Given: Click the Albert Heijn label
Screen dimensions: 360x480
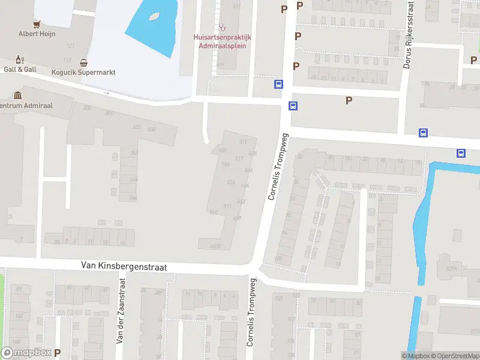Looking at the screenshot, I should tap(37, 34).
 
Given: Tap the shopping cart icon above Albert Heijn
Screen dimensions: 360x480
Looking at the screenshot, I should tap(37, 24).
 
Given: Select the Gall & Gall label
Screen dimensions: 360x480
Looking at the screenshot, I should tap(20, 69).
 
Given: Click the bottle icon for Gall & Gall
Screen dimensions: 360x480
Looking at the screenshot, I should tap(19, 59).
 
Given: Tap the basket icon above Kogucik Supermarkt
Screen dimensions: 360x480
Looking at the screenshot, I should tap(83, 62).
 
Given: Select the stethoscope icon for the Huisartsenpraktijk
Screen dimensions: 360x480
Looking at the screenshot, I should tap(223, 27).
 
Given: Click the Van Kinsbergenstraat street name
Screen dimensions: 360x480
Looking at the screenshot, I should tap(124, 266).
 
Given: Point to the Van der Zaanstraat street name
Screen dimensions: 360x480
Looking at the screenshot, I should tap(120, 311).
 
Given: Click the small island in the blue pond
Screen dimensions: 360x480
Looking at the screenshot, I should tap(154, 17).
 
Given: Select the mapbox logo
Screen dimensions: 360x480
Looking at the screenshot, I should tap(26, 353).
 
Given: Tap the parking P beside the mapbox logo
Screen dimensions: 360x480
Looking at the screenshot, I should tap(58, 353).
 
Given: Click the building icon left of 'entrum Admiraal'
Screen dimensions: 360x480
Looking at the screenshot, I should tap(17, 95).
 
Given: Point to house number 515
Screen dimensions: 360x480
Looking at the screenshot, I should tap(242, 142).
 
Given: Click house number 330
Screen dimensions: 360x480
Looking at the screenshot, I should tap(152, 130).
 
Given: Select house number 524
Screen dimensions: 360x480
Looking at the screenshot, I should tap(230, 182).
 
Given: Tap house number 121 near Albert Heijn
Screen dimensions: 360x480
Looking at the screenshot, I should tap(71, 46).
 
